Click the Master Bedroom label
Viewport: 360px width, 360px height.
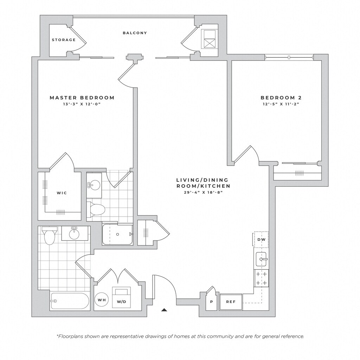[82, 98]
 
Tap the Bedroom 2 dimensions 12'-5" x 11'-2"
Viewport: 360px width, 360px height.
[281, 104]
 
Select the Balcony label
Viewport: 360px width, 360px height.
[135, 33]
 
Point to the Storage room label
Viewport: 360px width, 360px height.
[64, 40]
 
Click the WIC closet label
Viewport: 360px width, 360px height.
[62, 193]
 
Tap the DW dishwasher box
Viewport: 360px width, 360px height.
[261, 239]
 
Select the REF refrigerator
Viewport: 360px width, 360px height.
[231, 302]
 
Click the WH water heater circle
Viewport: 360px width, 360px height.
[102, 300]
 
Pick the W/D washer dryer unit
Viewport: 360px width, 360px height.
[121, 297]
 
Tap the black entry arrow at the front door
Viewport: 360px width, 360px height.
[164, 310]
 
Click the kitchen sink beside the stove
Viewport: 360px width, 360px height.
[261, 259]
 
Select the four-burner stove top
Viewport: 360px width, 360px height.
[261, 278]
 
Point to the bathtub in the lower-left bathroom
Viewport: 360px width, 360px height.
[70, 301]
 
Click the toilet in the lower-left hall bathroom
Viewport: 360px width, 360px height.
[49, 235]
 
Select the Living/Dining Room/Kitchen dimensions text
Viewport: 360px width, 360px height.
[204, 192]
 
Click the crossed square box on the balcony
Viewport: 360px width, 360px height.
[209, 43]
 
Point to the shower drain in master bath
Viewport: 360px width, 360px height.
[117, 234]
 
